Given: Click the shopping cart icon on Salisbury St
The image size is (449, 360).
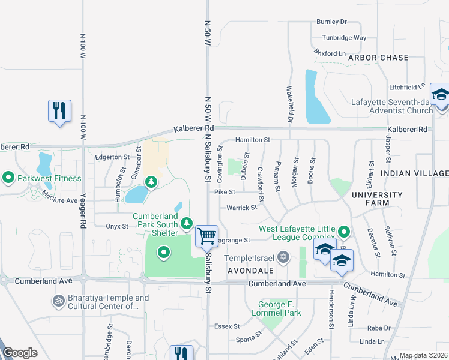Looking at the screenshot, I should pos(206,235).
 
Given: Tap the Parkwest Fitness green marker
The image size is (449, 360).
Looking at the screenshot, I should pos(8,178).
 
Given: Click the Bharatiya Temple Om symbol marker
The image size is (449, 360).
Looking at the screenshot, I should pos(58,299).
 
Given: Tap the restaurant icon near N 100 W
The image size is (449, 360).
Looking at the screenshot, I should pos(59,110).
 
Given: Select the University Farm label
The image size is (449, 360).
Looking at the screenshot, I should pos(377,199).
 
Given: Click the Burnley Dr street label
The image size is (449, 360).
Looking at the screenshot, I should pos(331,22).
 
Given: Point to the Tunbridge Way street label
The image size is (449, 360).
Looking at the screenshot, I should pos(343,37).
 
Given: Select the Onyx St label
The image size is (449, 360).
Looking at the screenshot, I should pos(117,226).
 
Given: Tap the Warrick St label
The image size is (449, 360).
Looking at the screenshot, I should pos(242,208).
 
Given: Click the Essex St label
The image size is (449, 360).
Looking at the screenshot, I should pos(228,327).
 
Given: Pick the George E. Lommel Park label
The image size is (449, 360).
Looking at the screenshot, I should pos(279,308).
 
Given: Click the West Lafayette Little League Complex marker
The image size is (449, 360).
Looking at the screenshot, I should pos(344,231).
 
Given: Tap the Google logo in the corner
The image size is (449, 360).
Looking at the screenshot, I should pos(20,353).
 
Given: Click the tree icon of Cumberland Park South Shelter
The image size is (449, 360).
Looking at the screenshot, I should pos(187,223).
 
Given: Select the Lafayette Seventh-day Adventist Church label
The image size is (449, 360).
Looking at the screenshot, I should pos(393,106).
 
